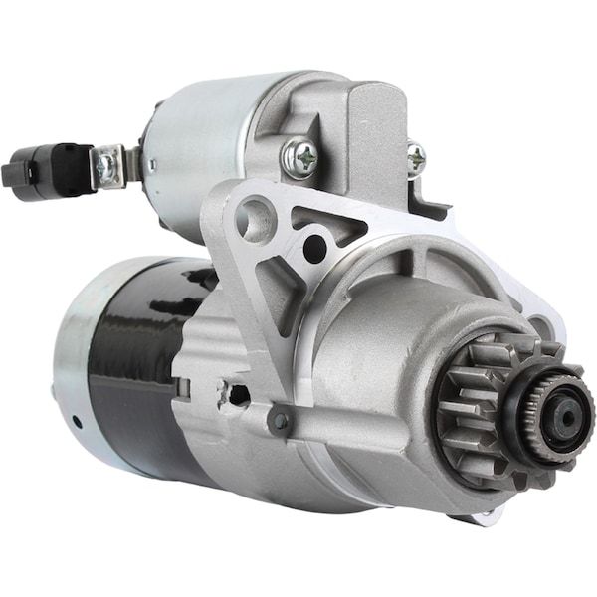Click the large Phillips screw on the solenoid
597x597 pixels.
click(301, 155)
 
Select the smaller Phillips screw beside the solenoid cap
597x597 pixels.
click(416, 157)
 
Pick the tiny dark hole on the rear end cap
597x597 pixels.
click(77, 421)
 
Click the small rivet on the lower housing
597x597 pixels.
click(281, 420)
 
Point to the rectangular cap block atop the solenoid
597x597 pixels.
click(376, 139)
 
